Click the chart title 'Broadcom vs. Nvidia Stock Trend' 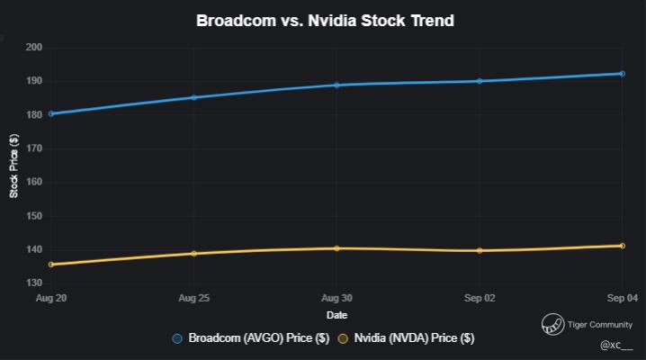point(325,20)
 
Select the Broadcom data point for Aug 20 point(51,113)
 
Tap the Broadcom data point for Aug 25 point(193,97)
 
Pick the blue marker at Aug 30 point(336,85)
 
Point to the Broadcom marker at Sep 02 point(480,81)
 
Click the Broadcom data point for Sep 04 point(622,74)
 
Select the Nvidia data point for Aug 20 point(51,265)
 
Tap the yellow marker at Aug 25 point(193,254)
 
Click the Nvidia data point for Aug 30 point(336,248)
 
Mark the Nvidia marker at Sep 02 point(480,251)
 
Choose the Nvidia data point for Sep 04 point(622,246)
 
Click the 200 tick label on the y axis point(35,48)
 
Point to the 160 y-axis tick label point(35,183)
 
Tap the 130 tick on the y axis point(35,283)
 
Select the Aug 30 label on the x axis point(336,298)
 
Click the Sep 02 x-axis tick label point(479,298)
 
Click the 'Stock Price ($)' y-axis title point(14,166)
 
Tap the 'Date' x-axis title point(336,315)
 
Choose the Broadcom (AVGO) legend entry point(251,338)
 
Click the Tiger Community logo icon point(552,325)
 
